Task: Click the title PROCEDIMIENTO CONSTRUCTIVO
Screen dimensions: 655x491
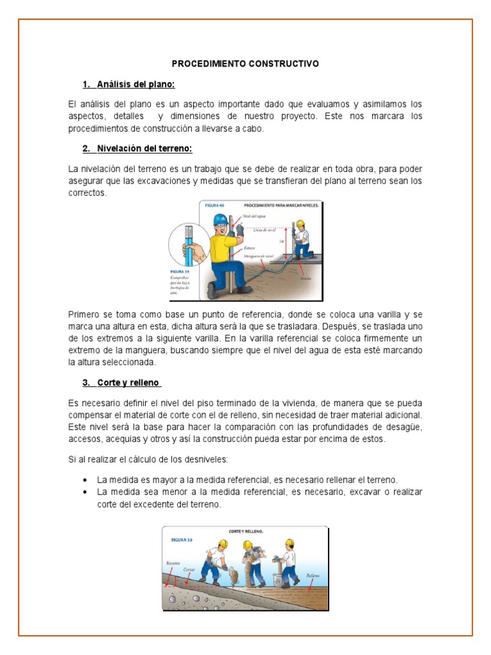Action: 245,65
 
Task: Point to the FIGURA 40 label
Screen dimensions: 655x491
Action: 216,206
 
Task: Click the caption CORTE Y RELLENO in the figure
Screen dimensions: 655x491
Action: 246,532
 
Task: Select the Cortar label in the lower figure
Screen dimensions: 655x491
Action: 189,569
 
